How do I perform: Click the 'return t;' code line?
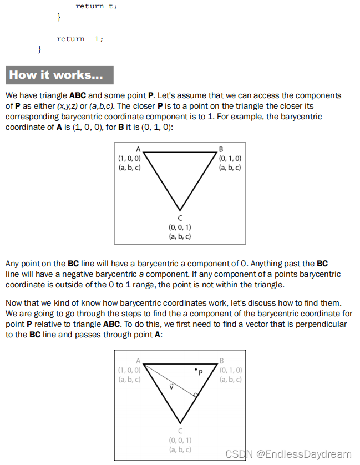97,6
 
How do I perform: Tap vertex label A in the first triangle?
138,149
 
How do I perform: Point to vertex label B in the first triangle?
221,149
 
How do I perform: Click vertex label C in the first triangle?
180,218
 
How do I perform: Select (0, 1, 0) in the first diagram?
230,158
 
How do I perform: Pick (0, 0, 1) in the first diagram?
180,227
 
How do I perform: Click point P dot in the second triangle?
195,369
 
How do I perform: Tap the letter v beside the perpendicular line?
171,387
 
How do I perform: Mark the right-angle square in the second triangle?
195,395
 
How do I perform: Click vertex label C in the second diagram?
180,431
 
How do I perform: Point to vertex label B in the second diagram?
221,361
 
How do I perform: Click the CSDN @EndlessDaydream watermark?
288,454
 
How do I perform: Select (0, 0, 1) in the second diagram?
180,440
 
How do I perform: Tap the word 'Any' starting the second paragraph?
13,264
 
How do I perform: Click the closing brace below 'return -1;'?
39,50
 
